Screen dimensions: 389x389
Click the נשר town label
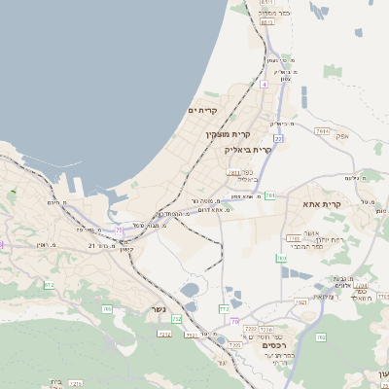click(157, 310)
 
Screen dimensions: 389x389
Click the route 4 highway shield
click(263, 85)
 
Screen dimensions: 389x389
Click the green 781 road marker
click(269, 195)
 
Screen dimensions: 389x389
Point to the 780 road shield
click(281, 258)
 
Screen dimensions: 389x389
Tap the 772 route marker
click(224, 308)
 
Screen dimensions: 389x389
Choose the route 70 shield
click(234, 321)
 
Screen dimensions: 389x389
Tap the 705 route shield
click(107, 309)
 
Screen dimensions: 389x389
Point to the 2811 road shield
click(233, 172)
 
